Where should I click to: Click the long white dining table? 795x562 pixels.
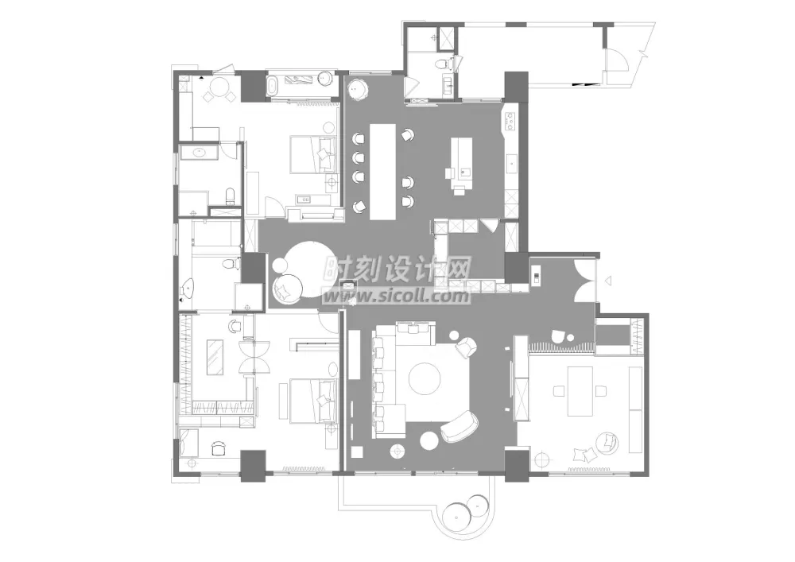click(x=383, y=171)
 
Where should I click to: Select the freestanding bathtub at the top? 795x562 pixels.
click(x=273, y=86)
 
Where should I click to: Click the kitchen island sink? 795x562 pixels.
click(x=465, y=172)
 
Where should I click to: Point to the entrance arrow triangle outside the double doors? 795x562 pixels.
click(x=608, y=280)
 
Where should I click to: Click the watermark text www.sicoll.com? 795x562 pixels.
click(x=397, y=296)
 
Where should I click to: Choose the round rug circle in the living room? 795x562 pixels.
click(x=425, y=379)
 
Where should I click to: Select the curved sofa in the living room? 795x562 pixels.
click(x=460, y=426)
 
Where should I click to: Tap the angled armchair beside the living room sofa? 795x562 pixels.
click(x=467, y=347)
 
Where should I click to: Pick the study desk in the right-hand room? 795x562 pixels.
click(x=580, y=391)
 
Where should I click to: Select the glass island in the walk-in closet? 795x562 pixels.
click(x=215, y=357)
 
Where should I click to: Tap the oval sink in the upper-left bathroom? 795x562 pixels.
click(x=200, y=152)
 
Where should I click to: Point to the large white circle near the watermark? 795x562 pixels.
click(x=310, y=269)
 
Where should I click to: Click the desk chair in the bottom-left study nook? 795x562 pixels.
click(x=218, y=448)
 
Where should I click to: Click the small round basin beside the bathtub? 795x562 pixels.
click(x=325, y=79)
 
